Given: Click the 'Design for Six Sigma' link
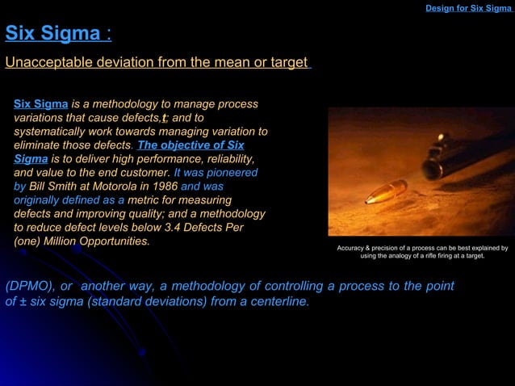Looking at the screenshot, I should tap(468, 8).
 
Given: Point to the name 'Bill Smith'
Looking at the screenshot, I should tap(56, 187).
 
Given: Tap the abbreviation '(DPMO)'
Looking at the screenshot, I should tap(30, 287).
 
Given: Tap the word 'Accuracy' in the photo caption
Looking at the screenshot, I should tap(352, 248).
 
